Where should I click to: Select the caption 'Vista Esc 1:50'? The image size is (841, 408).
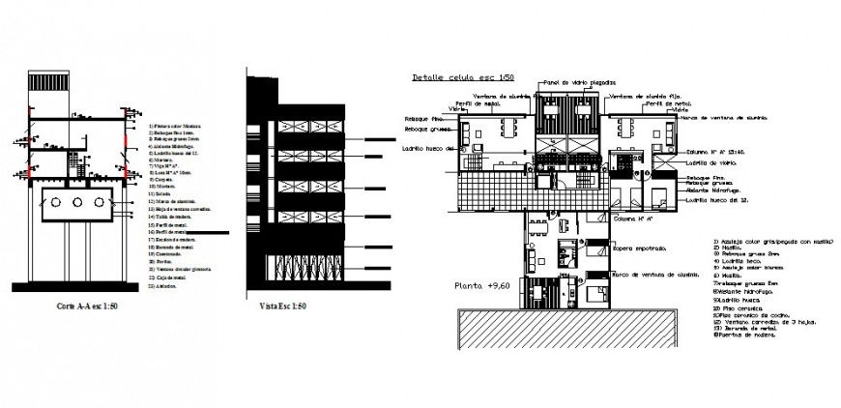point(283,306)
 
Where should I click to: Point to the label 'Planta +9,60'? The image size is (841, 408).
point(482,286)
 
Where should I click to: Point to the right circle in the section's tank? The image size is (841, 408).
point(99,203)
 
